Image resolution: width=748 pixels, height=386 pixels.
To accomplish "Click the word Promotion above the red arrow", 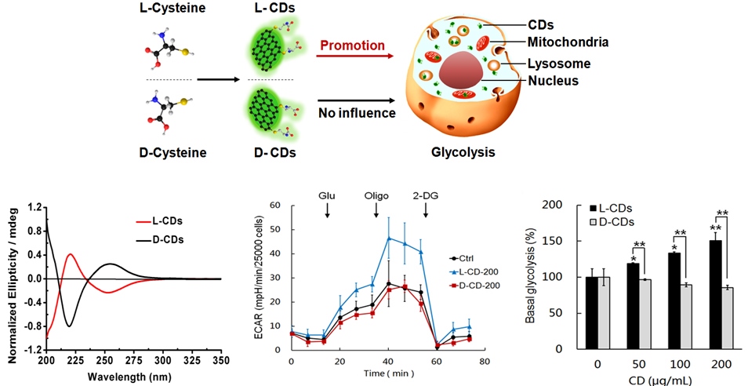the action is tap(352, 46).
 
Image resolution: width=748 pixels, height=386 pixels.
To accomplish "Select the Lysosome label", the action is tap(559, 63).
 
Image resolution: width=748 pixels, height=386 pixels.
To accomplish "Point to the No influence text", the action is tap(356, 113).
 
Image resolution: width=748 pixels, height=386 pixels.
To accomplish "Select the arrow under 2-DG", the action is tap(426, 210).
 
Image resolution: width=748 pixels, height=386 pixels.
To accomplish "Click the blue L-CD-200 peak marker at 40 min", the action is tap(389, 238).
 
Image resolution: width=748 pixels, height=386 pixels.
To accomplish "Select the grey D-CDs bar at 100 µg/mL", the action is tap(686, 317).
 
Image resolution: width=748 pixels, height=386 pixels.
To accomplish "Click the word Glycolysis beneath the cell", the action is tap(463, 153).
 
